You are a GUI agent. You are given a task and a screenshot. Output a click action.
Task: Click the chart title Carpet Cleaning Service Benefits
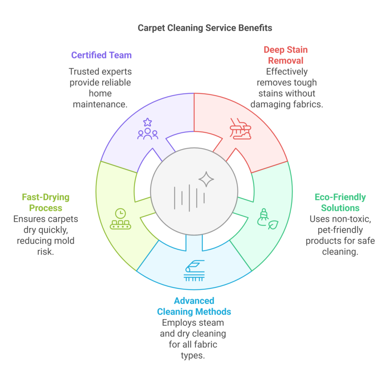(x=204, y=28)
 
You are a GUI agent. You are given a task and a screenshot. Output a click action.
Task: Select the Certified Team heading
(x=101, y=55)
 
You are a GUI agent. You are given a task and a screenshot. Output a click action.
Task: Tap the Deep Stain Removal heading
(x=286, y=55)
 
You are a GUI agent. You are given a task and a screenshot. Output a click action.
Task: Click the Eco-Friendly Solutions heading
(x=340, y=203)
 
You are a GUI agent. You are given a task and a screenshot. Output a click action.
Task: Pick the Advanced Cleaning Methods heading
(x=194, y=306)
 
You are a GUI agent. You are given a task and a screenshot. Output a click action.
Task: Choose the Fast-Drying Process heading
(x=46, y=203)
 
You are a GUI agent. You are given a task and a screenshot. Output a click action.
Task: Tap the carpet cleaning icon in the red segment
(x=240, y=129)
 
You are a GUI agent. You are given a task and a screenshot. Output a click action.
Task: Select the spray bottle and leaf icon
(x=267, y=219)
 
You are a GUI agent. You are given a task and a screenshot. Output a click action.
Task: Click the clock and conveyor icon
(x=121, y=219)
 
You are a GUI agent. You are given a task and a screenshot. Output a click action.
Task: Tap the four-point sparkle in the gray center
(x=206, y=179)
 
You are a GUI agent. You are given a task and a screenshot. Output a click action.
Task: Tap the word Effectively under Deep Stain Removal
(x=287, y=71)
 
